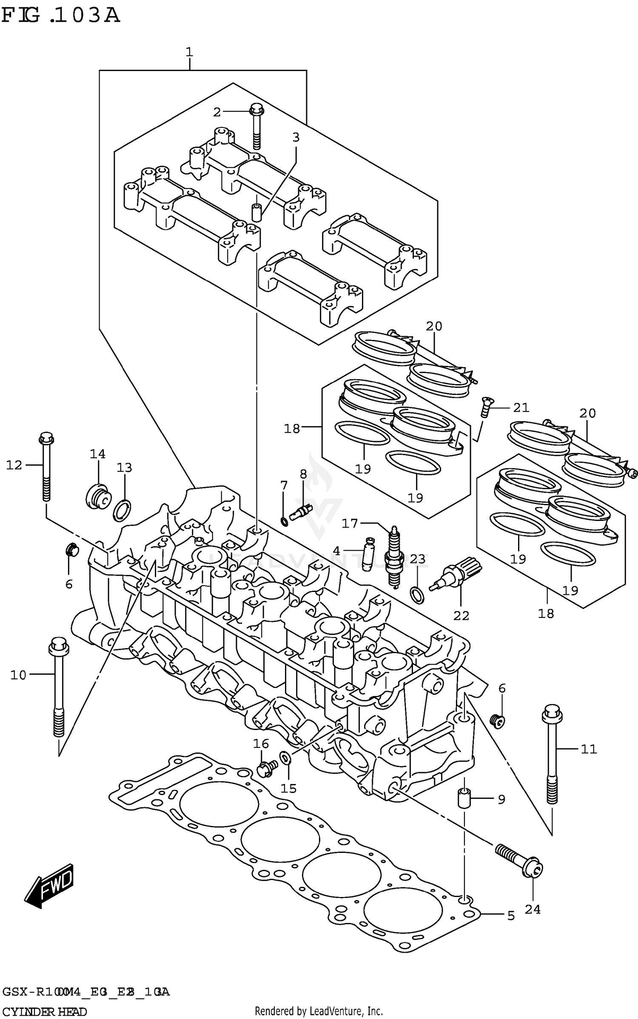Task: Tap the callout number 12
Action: [14, 465]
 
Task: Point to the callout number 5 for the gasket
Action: [511, 916]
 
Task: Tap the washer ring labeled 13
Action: [122, 511]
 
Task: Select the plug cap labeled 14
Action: [98, 497]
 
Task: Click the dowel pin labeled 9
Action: [464, 799]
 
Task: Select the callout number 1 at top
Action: [189, 52]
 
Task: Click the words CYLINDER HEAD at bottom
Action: [45, 1012]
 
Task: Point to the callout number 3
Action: [296, 137]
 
